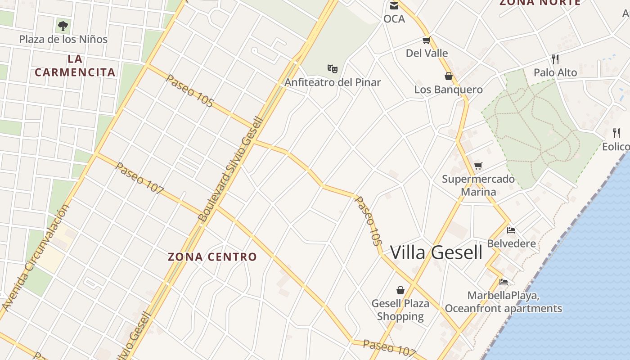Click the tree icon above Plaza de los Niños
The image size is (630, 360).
click(63, 25)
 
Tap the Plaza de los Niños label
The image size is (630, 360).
click(63, 39)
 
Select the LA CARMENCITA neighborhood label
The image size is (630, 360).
click(75, 65)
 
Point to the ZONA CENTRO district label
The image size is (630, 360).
click(212, 257)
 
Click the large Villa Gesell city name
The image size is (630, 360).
click(436, 252)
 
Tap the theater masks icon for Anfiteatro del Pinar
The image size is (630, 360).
click(333, 68)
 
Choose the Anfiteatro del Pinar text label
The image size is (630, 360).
click(333, 82)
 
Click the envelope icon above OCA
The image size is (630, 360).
click(394, 5)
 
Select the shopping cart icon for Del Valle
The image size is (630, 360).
click(426, 40)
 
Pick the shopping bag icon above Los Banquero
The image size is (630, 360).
click(448, 76)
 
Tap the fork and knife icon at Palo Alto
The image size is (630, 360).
click(555, 59)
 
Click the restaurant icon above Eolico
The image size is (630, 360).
click(616, 133)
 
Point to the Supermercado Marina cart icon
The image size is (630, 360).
click(478, 166)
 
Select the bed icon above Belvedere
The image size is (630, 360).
click(511, 230)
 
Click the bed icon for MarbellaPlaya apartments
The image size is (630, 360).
click(504, 282)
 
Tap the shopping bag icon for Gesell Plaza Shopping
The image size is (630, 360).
click(400, 290)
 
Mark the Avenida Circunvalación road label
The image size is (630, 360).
click(36, 257)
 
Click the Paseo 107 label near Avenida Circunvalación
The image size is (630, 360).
click(139, 178)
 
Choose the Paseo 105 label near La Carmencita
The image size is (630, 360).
click(189, 90)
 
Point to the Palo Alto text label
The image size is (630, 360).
click(555, 72)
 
